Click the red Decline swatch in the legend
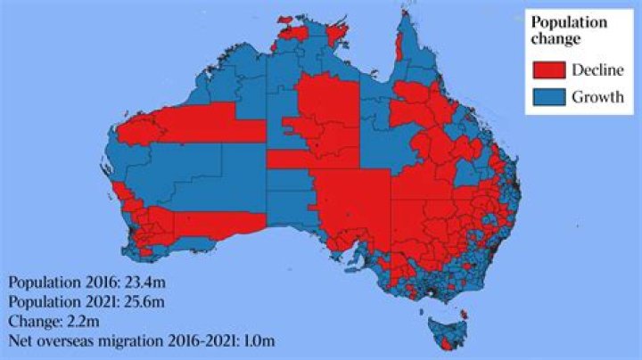[548, 70]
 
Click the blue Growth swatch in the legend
[548, 97]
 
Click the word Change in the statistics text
[33, 321]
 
